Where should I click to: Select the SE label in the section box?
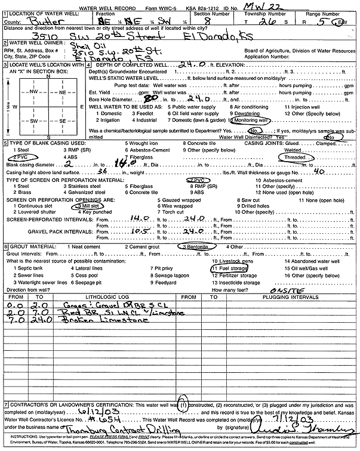tap(61, 121)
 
